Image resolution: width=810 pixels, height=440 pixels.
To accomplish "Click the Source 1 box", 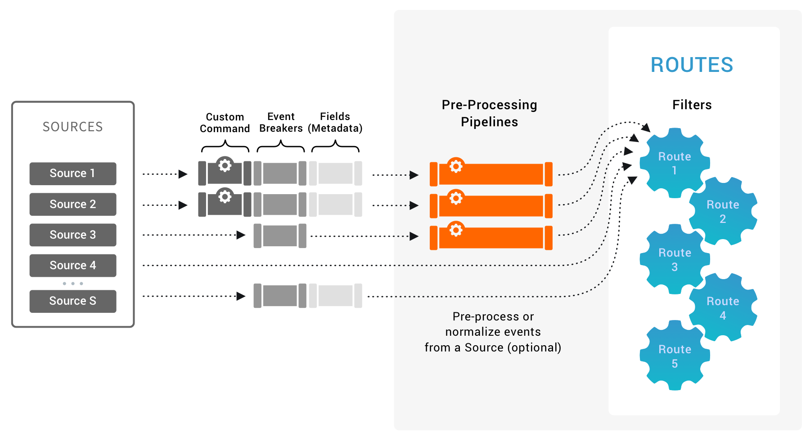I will coord(72,173).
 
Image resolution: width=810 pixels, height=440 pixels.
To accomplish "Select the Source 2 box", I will coord(72,204).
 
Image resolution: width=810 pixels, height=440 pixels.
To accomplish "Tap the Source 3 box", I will coord(72,235).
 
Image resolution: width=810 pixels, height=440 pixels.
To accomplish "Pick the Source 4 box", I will coord(72,265).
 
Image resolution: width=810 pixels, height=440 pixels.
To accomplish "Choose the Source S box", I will coord(72,301).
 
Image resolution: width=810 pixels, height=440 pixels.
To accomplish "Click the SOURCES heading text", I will coord(72,127).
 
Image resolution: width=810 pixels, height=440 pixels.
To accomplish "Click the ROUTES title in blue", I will coord(692,65).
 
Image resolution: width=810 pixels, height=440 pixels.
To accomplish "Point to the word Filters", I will coord(692,105).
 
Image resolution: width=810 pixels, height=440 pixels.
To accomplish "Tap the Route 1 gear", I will coord(674,163).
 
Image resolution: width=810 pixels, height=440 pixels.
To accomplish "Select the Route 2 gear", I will coord(723,211).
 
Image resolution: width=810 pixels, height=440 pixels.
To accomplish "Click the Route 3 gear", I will coord(674,259).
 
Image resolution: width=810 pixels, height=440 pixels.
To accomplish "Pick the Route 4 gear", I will coord(723,308).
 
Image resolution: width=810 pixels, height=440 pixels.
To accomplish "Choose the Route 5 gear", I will coord(674,356).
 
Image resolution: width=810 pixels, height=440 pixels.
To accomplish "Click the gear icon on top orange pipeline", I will coord(456,166).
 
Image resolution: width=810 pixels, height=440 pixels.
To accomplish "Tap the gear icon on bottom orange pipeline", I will coord(456,230).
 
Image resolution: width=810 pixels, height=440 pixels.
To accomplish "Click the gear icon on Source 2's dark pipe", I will coord(225,196).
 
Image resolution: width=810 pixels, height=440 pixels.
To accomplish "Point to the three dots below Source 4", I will coord(72,284).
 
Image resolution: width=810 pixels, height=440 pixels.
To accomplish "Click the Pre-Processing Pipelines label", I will coord(489,113).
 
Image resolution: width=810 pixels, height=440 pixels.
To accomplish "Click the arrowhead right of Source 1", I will coord(183,174).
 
